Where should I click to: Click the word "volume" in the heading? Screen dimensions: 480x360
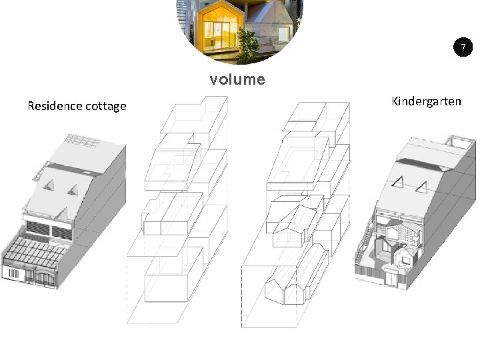(x=237, y=80)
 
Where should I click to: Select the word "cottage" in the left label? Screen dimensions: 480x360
(x=105, y=106)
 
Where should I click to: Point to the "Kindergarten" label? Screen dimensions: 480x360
(x=426, y=101)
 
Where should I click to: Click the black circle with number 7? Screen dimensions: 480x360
(x=462, y=47)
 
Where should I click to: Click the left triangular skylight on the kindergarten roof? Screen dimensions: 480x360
(x=401, y=181)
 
